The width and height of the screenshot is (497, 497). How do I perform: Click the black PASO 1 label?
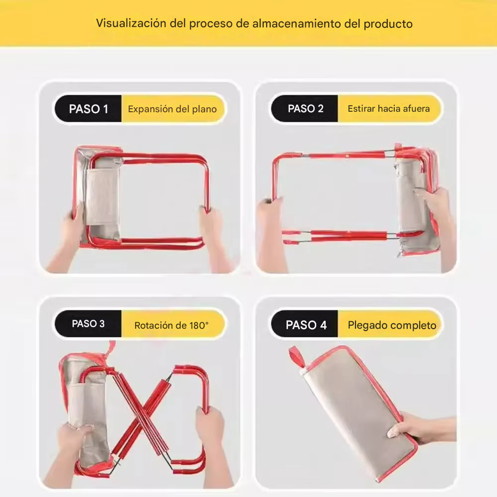(x=88, y=109)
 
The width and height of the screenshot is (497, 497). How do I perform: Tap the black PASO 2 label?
(x=305, y=109)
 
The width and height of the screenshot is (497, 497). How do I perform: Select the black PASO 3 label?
(x=88, y=324)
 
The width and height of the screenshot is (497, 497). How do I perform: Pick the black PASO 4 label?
(x=306, y=325)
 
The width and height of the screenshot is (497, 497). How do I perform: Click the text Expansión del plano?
(x=172, y=109)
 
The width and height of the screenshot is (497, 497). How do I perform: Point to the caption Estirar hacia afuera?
(x=389, y=109)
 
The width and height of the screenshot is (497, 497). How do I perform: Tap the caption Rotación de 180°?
(x=171, y=326)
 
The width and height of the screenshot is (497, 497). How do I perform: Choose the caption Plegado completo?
(x=392, y=325)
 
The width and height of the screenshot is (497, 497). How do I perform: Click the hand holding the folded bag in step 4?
(x=422, y=428)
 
